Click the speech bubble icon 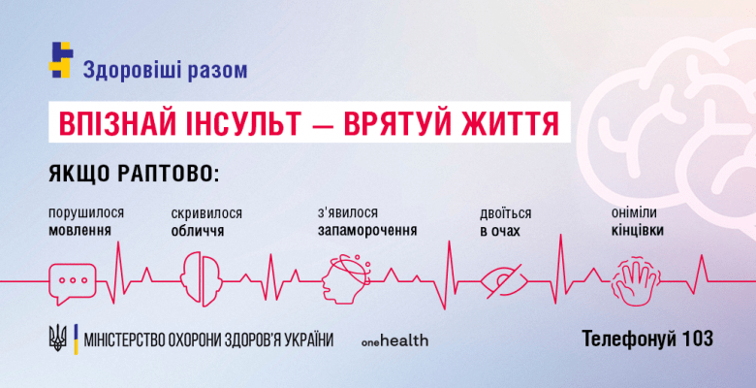(73, 277)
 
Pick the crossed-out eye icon (504, 278)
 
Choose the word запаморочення (367, 231)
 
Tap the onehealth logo (394, 340)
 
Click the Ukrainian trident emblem (58, 339)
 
